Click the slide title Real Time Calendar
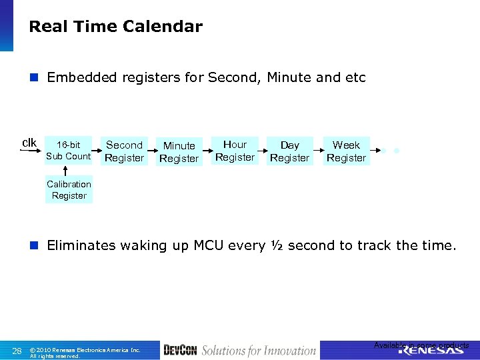click(x=115, y=27)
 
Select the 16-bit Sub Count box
click(x=68, y=151)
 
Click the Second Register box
click(x=125, y=151)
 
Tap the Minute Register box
click(x=179, y=152)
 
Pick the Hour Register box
click(x=235, y=151)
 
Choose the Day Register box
click(x=289, y=151)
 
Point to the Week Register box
click(x=346, y=151)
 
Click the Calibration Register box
click(x=69, y=190)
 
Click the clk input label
click(x=29, y=143)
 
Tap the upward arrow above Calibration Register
click(x=64, y=171)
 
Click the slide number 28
click(x=18, y=350)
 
